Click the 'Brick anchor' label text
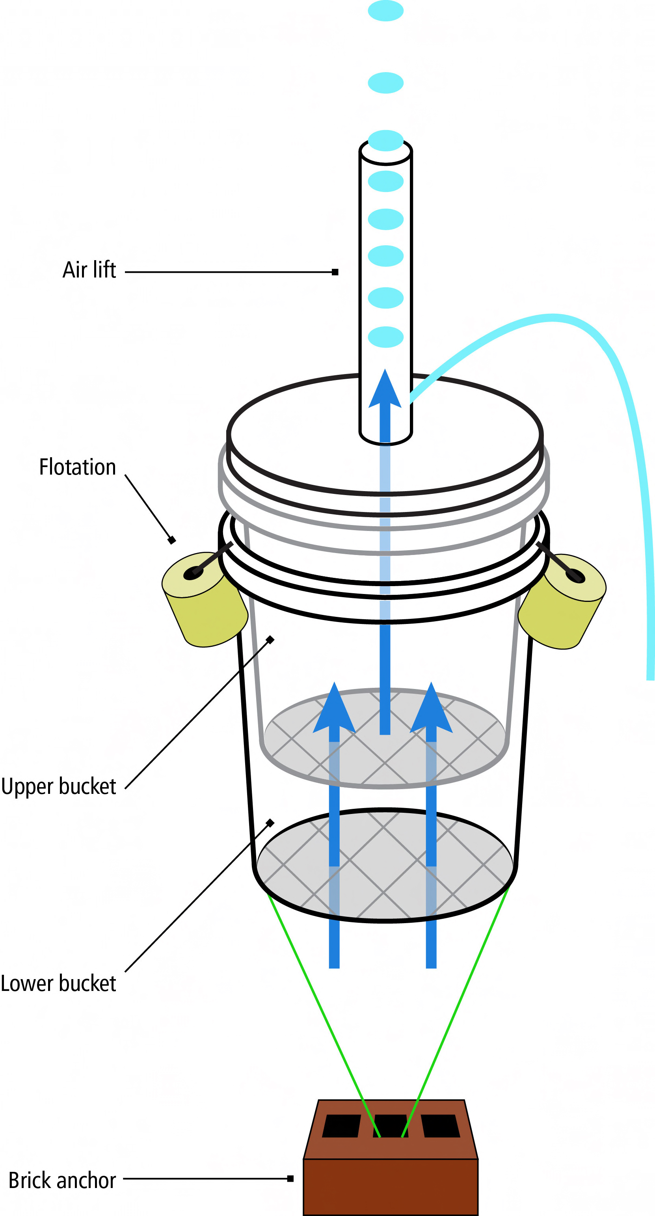62,1180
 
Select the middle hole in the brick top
391,1126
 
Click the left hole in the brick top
341,1126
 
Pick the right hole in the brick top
440,1126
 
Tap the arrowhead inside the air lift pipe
385,390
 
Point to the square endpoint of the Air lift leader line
335,272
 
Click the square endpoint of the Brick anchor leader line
290,1179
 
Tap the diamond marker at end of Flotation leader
172,540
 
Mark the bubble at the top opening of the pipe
385,141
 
